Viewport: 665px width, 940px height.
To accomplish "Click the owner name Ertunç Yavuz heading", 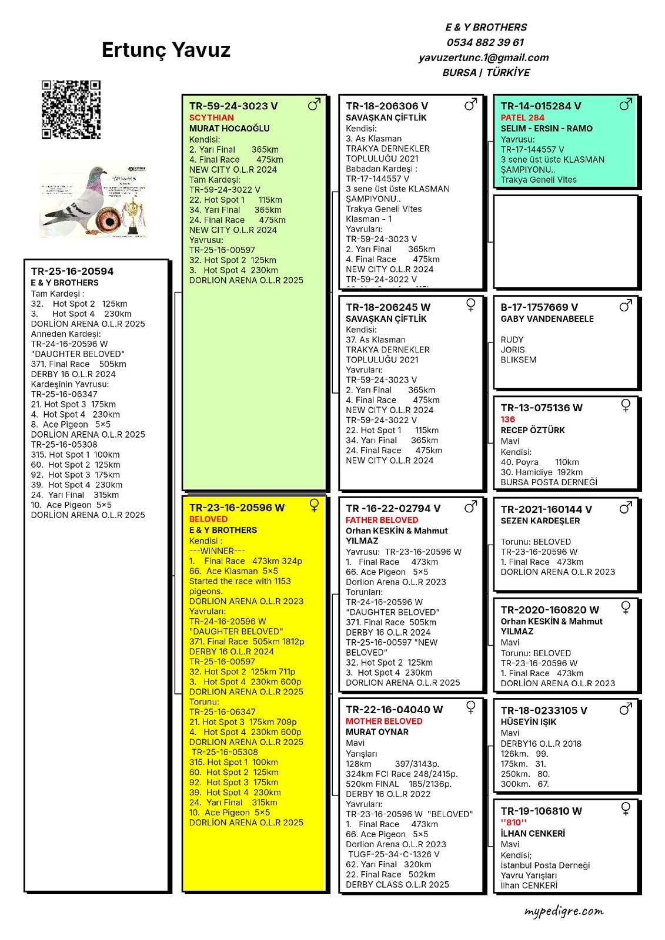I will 166,50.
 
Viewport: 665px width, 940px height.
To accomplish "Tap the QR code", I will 71,110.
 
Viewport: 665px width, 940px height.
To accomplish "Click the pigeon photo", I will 94,201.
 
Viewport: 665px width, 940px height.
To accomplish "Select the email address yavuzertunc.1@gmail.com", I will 483,58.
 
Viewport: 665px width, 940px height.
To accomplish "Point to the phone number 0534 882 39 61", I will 485,42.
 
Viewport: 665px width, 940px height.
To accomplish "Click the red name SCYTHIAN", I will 212,117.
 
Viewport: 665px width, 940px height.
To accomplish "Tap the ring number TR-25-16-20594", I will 72,271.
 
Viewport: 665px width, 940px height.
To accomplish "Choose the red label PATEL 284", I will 523,117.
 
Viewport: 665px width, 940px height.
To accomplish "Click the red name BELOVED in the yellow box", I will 208,519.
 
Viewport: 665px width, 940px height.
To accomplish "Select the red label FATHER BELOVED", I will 382,520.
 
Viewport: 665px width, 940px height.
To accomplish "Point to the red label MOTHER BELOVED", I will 384,721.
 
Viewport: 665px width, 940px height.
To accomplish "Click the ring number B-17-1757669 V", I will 539,307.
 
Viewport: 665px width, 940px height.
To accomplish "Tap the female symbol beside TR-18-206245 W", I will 471,304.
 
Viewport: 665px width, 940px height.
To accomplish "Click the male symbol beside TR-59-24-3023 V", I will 315,105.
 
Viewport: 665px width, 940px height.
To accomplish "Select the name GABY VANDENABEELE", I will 547,319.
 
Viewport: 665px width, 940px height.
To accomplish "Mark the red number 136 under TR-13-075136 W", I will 508,419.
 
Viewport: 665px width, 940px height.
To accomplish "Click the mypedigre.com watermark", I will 564,911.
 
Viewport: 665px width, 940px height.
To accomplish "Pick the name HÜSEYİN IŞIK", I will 529,722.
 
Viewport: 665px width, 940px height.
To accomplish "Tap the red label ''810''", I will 513,822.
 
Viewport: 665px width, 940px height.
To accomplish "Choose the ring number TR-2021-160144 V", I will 546,509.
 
